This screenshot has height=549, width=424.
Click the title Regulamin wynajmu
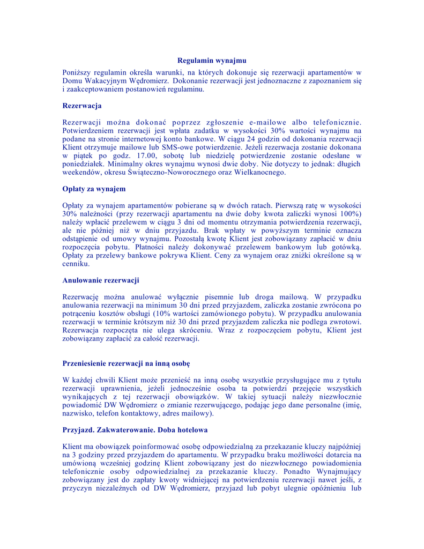[x=212, y=61]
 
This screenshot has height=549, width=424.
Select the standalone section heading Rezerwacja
[x=82, y=106]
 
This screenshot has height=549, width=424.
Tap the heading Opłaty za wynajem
[x=94, y=189]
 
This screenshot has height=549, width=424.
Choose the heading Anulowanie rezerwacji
[x=101, y=280]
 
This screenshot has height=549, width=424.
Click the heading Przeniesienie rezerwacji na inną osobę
[x=127, y=363]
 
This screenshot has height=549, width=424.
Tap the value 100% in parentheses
[x=350, y=213]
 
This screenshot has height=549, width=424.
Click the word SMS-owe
[x=190, y=147]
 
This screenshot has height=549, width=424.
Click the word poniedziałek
[x=84, y=164]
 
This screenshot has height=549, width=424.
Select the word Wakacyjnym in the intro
[x=107, y=81]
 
